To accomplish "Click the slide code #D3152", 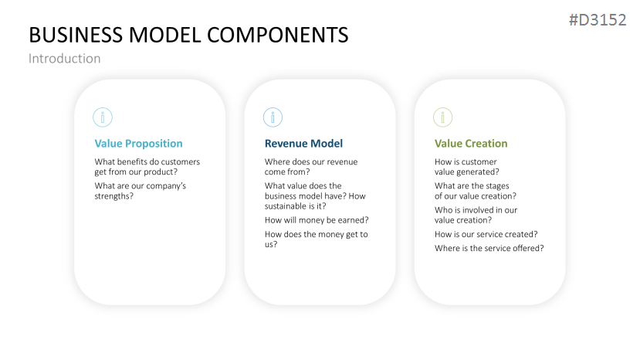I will (x=597, y=20).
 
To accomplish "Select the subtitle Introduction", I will (x=64, y=59).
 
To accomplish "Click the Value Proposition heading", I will (x=138, y=144).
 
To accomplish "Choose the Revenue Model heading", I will (x=303, y=144).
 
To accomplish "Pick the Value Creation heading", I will (x=471, y=144).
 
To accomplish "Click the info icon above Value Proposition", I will (x=103, y=117).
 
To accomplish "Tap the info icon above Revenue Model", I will (x=273, y=117).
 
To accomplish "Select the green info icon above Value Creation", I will (x=442, y=117).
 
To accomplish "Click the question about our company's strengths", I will (x=140, y=191).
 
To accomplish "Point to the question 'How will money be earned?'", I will (x=317, y=220).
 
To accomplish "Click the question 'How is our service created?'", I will (x=486, y=234).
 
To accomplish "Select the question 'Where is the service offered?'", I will (x=489, y=248).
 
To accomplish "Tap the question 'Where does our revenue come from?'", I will (x=311, y=167).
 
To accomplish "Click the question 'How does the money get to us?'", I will (x=316, y=239).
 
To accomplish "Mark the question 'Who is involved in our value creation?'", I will (x=476, y=215).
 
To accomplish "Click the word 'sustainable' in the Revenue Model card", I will (x=288, y=206).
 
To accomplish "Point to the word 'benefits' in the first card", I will (x=137, y=162).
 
